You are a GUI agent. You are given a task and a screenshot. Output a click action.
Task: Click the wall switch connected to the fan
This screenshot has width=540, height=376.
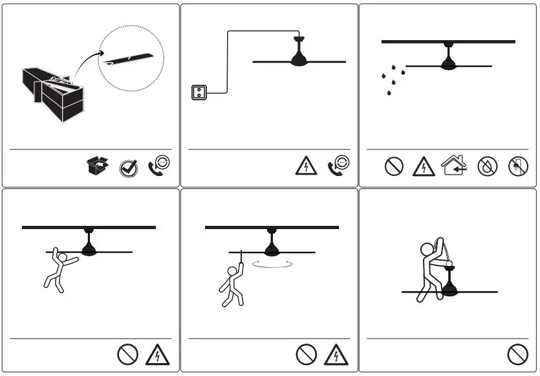point(199,93)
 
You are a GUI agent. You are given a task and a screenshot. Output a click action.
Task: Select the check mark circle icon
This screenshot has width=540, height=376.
point(129,168)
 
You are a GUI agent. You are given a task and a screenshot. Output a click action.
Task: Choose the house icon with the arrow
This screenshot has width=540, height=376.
point(454,166)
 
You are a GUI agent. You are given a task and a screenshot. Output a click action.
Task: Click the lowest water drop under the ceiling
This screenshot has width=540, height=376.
point(389,94)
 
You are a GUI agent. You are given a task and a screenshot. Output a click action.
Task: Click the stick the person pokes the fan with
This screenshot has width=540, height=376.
point(241,257)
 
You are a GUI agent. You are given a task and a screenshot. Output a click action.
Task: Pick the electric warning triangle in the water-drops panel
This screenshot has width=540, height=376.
point(423,166)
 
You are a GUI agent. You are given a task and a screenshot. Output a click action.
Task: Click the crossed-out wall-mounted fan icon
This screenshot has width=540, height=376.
point(515,166)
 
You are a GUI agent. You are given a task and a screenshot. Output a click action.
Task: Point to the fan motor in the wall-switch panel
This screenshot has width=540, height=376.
point(299,59)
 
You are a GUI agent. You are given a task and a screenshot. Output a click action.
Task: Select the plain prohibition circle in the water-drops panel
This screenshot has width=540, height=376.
point(394,166)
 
